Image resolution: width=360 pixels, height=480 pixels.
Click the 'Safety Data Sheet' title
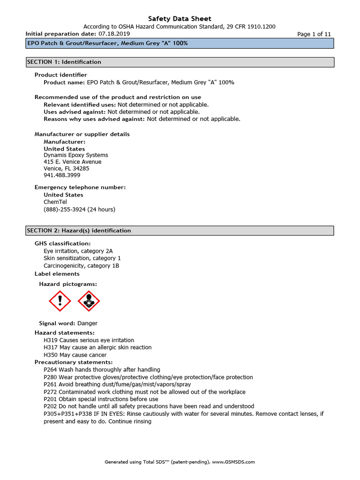(x=180, y=19)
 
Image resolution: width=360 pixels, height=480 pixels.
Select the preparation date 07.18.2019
(x=114, y=34)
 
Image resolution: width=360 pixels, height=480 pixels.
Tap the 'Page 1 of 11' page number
(x=314, y=34)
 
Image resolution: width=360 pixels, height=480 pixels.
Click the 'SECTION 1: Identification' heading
(x=64, y=62)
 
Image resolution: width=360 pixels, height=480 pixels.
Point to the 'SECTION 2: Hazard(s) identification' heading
(x=79, y=231)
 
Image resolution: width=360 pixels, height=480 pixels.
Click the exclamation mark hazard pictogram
(x=60, y=301)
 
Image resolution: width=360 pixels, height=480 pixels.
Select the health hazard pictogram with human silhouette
(x=89, y=301)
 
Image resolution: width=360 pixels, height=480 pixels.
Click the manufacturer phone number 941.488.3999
(x=62, y=175)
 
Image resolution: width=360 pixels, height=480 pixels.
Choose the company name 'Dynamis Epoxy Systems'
(x=76, y=155)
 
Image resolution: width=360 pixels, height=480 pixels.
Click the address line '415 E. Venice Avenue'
(x=73, y=162)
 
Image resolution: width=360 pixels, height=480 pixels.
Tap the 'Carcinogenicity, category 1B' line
(x=82, y=266)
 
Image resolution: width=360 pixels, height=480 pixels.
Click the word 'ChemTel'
(x=55, y=202)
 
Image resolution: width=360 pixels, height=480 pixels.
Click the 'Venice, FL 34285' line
(x=67, y=168)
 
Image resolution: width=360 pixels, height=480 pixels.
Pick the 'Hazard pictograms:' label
(x=68, y=284)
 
